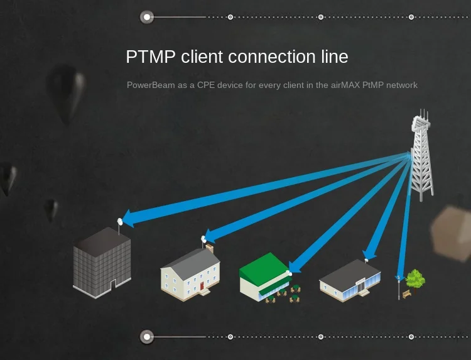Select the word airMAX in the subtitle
coord(347,85)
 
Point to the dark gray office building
coord(102,262)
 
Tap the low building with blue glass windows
coord(350,280)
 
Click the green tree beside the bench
coord(415,278)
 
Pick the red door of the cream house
coord(202,287)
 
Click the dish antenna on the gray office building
coord(120,222)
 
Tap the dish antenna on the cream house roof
coord(203,239)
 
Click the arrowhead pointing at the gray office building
coord(128,219)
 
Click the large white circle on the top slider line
coord(147,17)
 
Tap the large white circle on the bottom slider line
coord(147,337)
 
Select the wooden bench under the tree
coord(407,293)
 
